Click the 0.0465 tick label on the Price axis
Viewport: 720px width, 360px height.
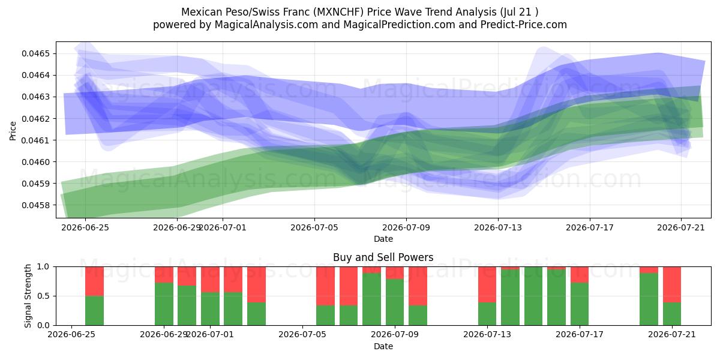36,53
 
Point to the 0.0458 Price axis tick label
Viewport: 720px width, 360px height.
36,205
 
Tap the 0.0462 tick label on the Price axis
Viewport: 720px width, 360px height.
36,119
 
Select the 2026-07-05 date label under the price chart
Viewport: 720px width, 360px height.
314,227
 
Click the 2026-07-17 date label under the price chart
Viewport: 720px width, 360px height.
590,227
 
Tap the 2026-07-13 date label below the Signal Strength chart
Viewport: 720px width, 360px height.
487,334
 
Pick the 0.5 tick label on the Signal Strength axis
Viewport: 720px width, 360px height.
43,296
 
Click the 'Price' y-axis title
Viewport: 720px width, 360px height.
13,131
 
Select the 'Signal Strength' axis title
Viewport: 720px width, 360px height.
28,296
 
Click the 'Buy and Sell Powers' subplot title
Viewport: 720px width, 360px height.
383,257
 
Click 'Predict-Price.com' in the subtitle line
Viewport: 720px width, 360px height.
524,25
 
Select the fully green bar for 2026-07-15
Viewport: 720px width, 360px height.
533,296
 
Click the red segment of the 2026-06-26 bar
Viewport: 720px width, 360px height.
95,281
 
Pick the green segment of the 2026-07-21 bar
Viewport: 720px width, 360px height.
672,314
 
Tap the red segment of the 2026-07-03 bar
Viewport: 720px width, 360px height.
257,284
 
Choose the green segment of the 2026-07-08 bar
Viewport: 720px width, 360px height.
371,299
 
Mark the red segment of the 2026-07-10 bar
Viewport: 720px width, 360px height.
418,286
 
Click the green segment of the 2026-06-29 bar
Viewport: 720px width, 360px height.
164,304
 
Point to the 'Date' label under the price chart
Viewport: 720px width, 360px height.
383,239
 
